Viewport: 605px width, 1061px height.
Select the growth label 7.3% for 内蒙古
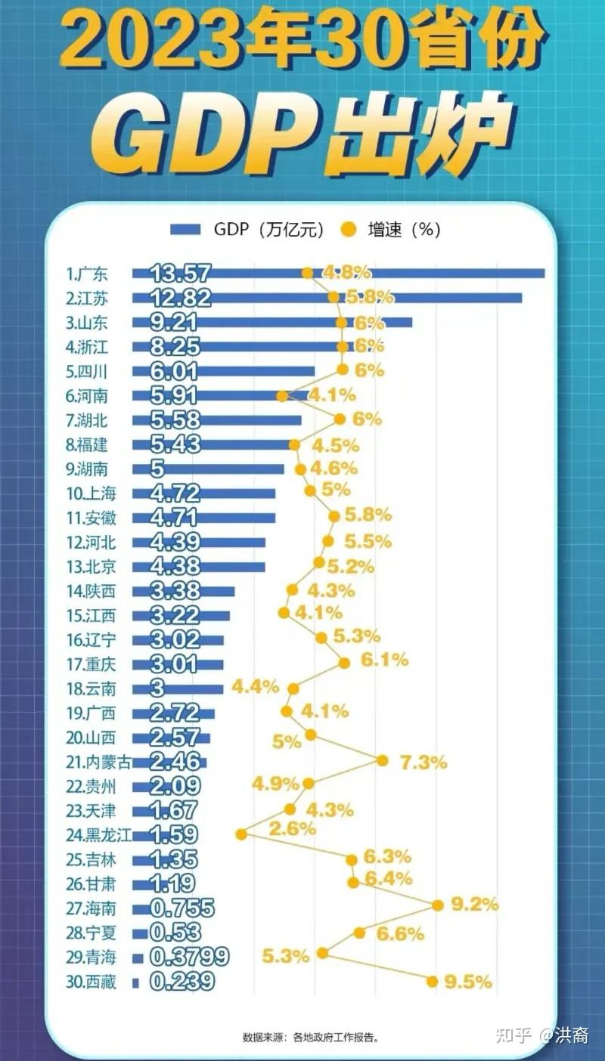coord(423,762)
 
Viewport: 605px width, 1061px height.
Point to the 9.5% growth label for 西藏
coord(468,982)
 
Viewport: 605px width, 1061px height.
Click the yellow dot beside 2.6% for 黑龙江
coord(241,834)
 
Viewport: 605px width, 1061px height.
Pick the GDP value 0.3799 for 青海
coord(188,957)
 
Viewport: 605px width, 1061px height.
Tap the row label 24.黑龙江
coord(99,835)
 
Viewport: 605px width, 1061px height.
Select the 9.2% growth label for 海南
coord(474,904)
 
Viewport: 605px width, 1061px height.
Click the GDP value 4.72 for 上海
coord(175,494)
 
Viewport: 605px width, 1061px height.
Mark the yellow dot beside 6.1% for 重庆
coord(344,663)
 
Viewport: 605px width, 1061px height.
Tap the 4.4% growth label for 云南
coord(255,687)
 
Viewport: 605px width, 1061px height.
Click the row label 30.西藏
coord(91,982)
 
